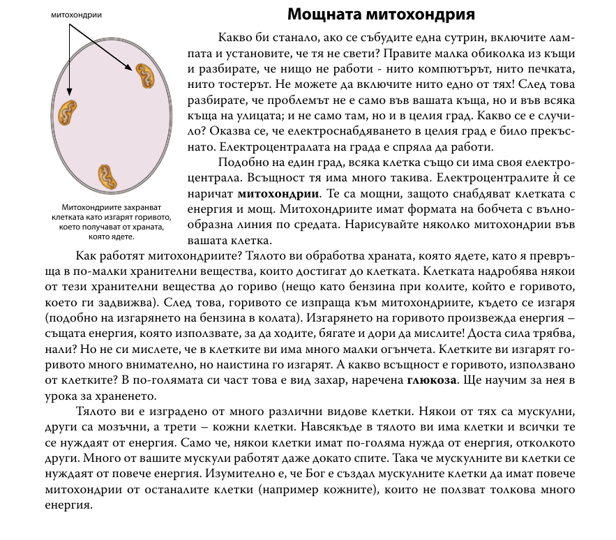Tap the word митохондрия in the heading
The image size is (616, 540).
tap(427, 15)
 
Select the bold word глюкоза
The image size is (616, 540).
tap(433, 380)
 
